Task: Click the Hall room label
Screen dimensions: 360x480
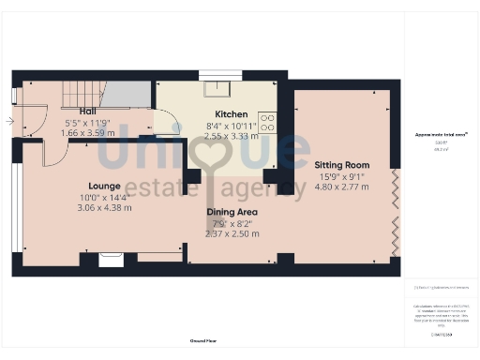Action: (x=87, y=112)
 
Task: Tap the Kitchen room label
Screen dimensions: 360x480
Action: (x=232, y=113)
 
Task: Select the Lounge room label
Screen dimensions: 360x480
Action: (x=105, y=186)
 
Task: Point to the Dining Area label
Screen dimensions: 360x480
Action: (x=232, y=212)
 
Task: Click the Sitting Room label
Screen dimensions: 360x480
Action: (x=342, y=164)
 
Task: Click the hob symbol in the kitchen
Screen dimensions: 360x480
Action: (x=267, y=123)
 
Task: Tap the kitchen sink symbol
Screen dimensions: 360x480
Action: (x=221, y=90)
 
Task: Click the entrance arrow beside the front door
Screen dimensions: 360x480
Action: (x=9, y=121)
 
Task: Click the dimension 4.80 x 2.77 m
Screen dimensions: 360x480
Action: (x=342, y=187)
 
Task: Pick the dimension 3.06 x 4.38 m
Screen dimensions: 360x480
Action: (x=105, y=208)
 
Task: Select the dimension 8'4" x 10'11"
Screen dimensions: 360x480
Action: (x=232, y=125)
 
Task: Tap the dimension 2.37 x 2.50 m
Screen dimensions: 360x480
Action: (x=232, y=233)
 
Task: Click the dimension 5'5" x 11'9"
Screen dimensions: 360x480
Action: (x=87, y=123)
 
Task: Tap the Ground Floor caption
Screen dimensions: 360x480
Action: (x=203, y=340)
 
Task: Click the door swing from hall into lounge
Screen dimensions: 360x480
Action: (x=54, y=152)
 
